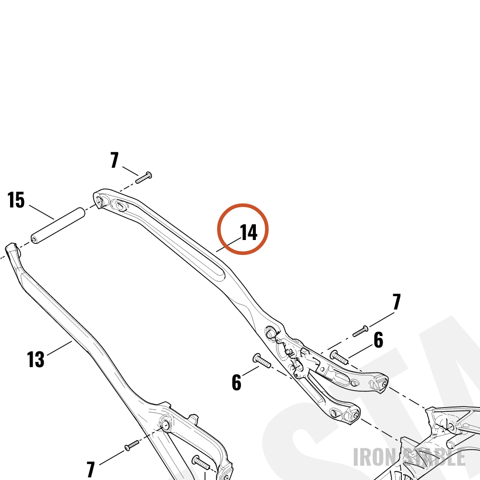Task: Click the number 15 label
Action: [x=16, y=200]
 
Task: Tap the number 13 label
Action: [x=36, y=360]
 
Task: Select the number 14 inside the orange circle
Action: [x=249, y=232]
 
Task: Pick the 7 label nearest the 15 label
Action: [x=115, y=160]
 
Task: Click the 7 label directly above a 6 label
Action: [x=396, y=301]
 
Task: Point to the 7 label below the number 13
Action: [x=91, y=469]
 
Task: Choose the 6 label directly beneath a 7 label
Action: [x=378, y=340]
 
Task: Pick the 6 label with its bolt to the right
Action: [x=236, y=383]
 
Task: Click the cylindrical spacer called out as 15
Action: [x=58, y=226]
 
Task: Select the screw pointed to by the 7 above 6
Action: [x=360, y=331]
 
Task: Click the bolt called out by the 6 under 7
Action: [x=339, y=358]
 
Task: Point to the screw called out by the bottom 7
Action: [x=132, y=445]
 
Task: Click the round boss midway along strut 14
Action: [x=270, y=333]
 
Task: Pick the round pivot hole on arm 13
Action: [x=166, y=425]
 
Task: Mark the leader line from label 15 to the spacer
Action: [x=42, y=212]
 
